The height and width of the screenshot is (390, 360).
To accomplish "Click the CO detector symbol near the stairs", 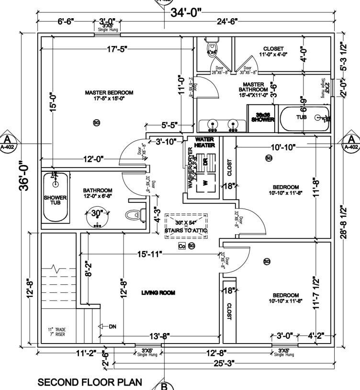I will click(181, 246).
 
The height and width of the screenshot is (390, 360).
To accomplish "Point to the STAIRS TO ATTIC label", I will click(186, 230).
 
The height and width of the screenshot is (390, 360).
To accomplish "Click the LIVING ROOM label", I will click(158, 292).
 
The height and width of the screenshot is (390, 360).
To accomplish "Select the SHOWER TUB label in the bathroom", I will click(55, 201).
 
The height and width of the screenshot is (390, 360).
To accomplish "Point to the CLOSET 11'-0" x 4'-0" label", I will click(273, 51).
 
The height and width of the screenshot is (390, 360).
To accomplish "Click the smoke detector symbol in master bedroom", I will click(96, 123).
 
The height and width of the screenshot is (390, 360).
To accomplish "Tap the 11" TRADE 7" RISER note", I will click(56, 332).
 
